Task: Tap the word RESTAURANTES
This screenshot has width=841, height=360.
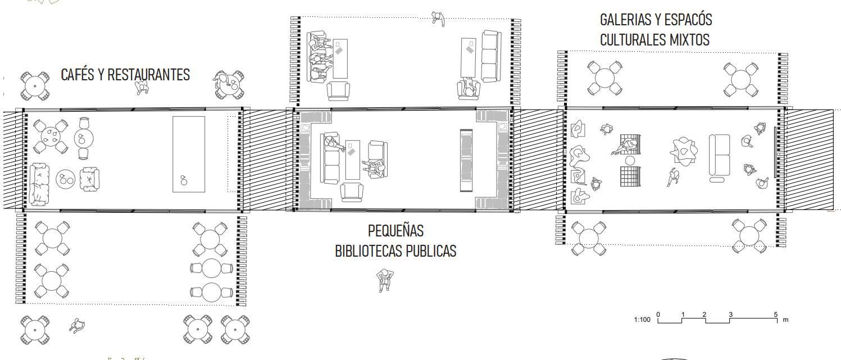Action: point(148,75)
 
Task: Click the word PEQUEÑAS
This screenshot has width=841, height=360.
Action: point(396,230)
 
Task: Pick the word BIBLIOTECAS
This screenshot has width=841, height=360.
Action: point(367,250)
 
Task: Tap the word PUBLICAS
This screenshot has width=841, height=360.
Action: point(429,250)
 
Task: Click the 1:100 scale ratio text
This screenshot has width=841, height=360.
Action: point(642,320)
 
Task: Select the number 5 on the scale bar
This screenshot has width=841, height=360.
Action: point(775,315)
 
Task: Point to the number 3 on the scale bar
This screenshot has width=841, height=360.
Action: point(731,315)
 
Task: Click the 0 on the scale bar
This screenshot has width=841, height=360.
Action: point(658,315)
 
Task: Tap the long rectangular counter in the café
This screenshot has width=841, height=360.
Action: point(189,154)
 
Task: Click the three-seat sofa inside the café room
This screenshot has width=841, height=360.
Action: point(39,184)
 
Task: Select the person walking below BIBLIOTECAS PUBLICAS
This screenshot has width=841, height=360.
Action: point(384,280)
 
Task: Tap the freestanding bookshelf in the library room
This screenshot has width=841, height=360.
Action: point(466,160)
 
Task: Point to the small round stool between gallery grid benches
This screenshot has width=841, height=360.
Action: point(630,161)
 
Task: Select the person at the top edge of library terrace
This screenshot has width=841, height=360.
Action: point(438,19)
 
